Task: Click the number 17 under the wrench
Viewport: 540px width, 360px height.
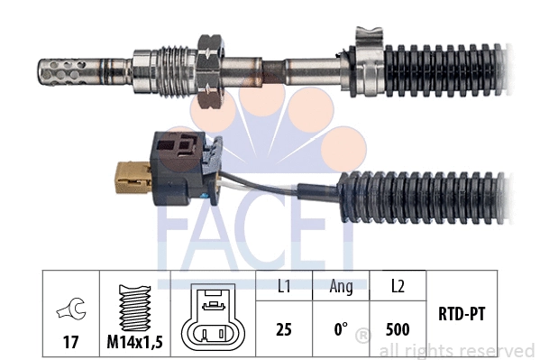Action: point(70,342)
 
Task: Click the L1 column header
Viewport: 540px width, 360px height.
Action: point(283,288)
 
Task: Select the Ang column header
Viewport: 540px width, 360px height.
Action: point(340,288)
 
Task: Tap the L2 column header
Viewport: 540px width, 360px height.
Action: point(397,288)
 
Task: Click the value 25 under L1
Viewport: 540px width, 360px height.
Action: point(284,329)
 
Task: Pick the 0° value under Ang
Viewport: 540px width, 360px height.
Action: point(340,329)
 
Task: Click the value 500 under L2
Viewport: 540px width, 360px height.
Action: point(397,329)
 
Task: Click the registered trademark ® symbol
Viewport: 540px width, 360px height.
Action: point(362,336)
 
